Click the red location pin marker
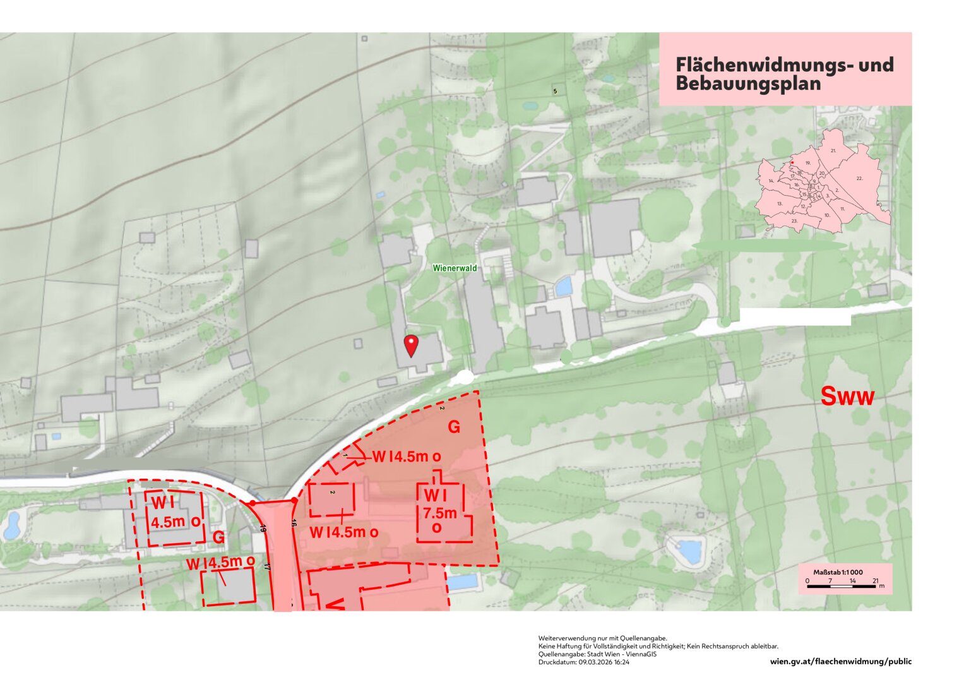(411, 345)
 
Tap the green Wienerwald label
(455, 268)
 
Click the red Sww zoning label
(847, 397)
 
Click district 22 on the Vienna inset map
(859, 179)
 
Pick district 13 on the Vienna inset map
(780, 204)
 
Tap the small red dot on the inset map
(792, 162)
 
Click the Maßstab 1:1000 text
(838, 572)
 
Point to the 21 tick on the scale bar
(875, 580)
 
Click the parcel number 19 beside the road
(263, 529)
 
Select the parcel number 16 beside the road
(294, 523)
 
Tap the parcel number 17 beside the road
(267, 567)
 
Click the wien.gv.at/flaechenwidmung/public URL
(841, 662)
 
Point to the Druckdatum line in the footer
(584, 662)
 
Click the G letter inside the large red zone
(454, 428)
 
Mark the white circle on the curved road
(465, 377)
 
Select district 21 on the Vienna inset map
(833, 151)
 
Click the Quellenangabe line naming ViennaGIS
(597, 654)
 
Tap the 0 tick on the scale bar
(807, 580)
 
